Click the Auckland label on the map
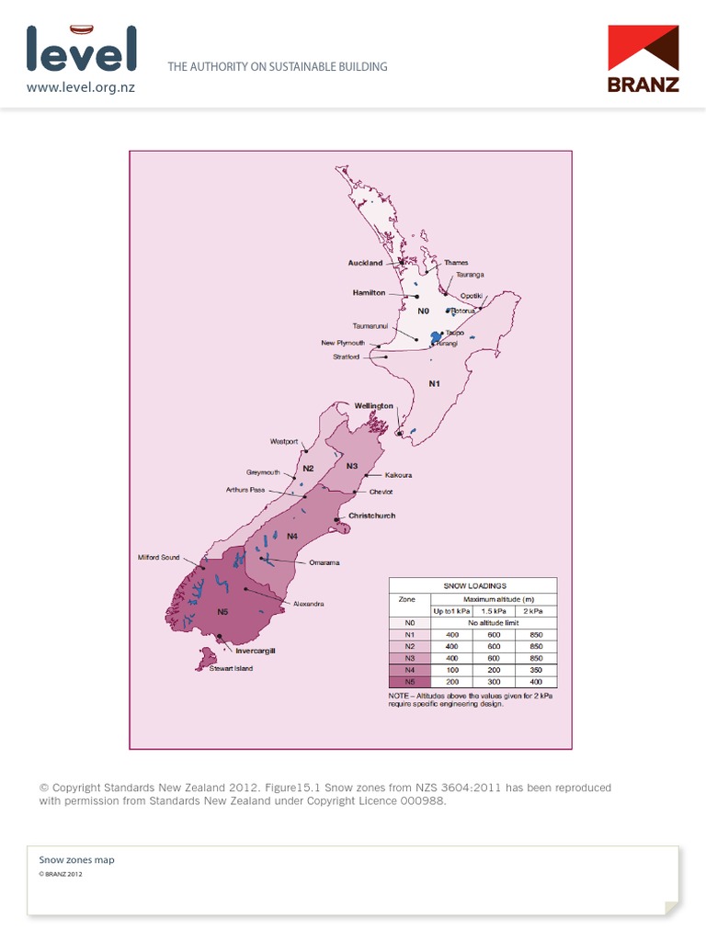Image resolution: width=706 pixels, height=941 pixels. [x=365, y=263]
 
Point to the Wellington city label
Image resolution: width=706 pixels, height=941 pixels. [x=374, y=405]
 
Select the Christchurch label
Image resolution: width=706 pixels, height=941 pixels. [x=371, y=516]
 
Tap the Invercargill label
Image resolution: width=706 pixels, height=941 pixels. [x=256, y=650]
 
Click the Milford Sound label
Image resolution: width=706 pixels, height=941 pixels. [x=159, y=557]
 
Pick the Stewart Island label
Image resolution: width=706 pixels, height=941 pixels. [x=224, y=668]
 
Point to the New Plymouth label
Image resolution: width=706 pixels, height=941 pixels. [x=343, y=343]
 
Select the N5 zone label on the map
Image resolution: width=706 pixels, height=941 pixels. [x=223, y=611]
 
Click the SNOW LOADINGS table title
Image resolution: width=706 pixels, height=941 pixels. [x=474, y=584]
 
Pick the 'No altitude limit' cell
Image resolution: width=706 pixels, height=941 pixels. [x=495, y=622]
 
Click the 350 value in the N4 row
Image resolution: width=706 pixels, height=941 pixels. [x=537, y=671]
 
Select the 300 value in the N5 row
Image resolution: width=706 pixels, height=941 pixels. [x=495, y=683]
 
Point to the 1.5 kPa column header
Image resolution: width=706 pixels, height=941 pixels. [x=495, y=610]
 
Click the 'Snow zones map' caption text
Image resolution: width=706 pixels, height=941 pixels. [x=76, y=860]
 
